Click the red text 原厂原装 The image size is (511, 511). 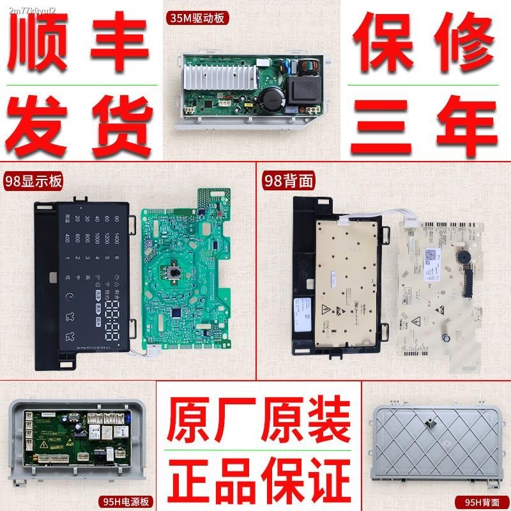click(x=258, y=418)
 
